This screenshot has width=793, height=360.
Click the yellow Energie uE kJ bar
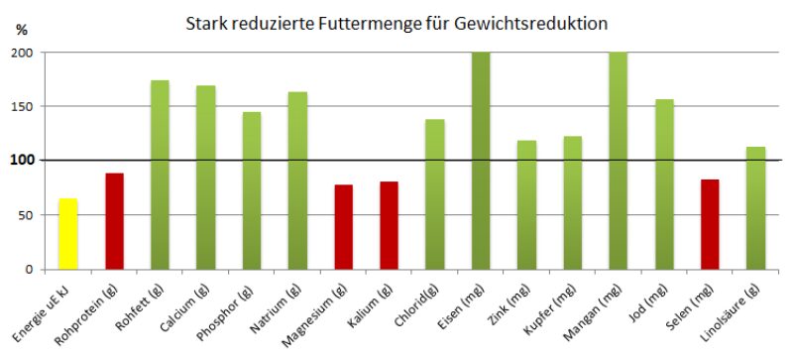(67, 234)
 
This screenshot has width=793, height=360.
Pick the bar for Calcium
(205, 178)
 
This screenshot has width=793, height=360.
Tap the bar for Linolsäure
(755, 208)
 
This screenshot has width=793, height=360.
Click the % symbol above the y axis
(22, 31)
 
